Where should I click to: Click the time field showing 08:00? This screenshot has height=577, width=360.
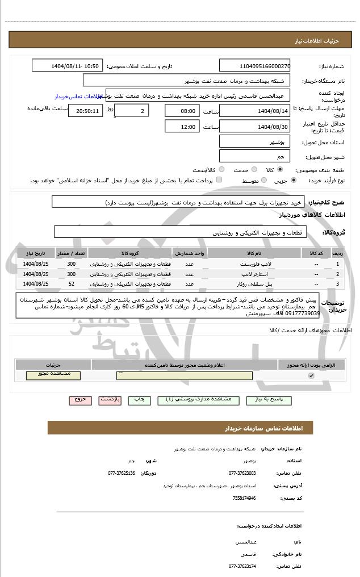coord(182,111)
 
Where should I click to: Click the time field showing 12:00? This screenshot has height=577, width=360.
coord(182,127)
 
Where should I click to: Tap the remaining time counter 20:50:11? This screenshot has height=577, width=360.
coord(85,111)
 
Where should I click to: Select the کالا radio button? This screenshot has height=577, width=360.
coord(280,170)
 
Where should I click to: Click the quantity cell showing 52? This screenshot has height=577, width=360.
coord(71,283)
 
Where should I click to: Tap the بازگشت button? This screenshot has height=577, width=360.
coord(110,400)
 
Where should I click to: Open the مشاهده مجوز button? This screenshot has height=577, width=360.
coord(53,375)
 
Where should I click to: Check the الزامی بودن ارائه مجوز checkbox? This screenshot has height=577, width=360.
coord(311,375)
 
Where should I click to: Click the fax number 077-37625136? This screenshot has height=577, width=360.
coord(122,473)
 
